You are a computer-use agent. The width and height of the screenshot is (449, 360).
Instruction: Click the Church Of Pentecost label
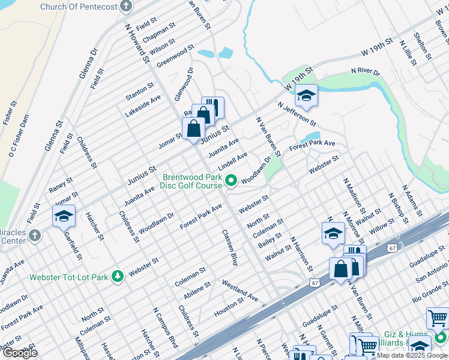(x=78, y=7)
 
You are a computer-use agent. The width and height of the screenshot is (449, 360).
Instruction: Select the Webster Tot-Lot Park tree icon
(x=118, y=275)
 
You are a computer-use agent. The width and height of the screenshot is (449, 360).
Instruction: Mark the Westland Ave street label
(x=240, y=290)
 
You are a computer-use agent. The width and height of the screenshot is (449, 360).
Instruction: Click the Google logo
(x=20, y=353)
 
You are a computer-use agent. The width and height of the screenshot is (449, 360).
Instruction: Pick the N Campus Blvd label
(x=166, y=328)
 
